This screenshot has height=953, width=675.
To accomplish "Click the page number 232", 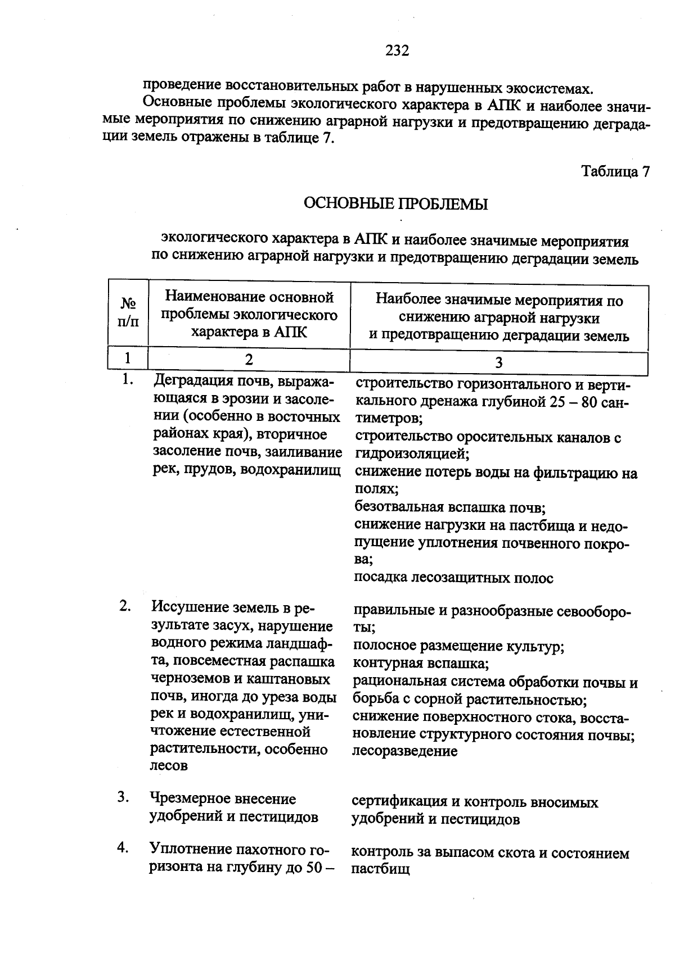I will coord(397,51).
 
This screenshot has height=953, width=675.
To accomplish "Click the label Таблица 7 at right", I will coord(615,171).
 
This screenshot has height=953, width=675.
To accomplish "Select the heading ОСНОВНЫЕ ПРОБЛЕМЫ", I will coord(395,204).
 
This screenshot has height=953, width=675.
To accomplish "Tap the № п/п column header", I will coord(128,312).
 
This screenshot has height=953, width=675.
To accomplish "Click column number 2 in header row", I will coord(249,359).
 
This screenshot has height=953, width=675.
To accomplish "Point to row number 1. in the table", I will coord(128,380).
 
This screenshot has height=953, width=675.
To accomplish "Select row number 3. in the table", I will coord(124,797).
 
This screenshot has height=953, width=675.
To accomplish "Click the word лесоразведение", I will coord(404,751).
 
